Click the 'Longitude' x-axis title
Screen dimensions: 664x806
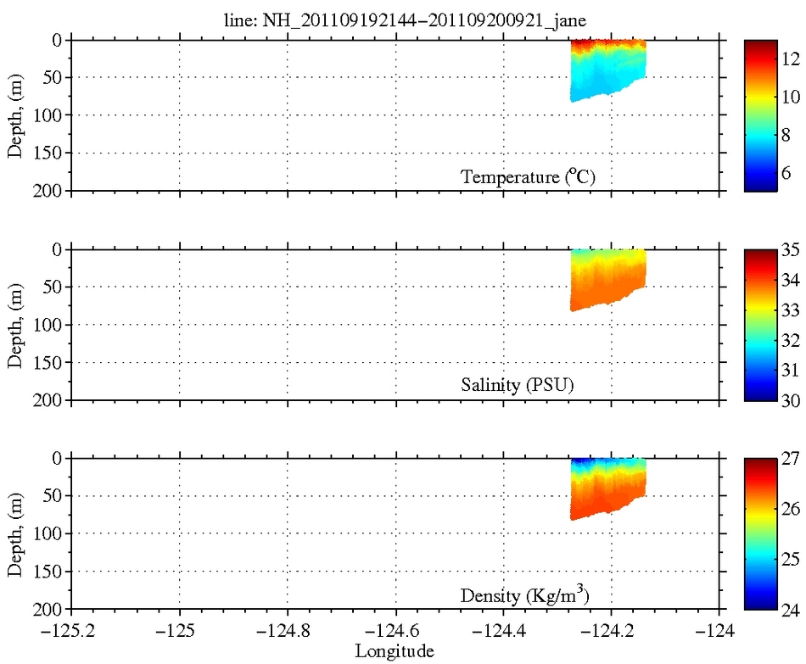[395, 651]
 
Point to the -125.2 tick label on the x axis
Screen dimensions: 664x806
[71, 631]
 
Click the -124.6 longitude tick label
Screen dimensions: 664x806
[395, 631]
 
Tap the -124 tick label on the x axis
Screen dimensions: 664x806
[719, 631]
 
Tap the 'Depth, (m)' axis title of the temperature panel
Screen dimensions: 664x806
[16, 115]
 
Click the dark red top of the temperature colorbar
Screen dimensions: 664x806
[760, 44]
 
